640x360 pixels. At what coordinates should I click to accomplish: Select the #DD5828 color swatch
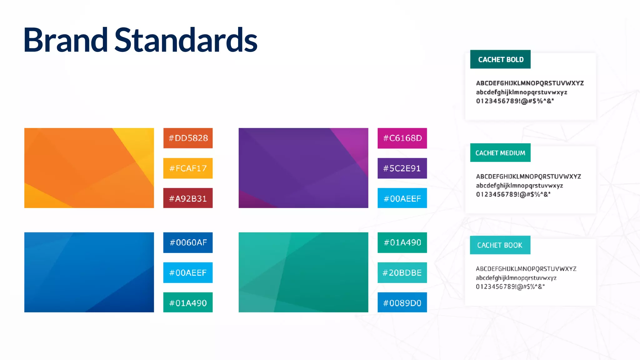[x=188, y=138]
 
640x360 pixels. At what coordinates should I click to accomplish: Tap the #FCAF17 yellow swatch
[x=188, y=168]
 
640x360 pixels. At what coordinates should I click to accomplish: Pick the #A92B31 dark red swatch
[x=188, y=198]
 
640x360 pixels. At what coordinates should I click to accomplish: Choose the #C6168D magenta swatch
[x=402, y=138]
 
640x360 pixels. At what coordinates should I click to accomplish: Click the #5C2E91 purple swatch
[x=402, y=168]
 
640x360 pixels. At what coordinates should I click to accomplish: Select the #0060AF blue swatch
[x=188, y=242]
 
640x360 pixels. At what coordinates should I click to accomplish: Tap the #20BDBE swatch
[x=402, y=273]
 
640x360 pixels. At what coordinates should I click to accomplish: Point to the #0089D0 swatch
[x=402, y=303]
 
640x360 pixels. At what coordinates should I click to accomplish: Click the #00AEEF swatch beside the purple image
[x=402, y=198]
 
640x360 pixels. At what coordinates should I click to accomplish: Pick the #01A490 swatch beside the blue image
[x=188, y=303]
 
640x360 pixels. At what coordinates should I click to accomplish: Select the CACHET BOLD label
[x=500, y=59]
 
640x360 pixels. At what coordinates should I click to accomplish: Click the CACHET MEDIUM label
[x=500, y=153]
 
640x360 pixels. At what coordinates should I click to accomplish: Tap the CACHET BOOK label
[x=500, y=245]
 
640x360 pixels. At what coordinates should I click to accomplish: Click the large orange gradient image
[x=89, y=168]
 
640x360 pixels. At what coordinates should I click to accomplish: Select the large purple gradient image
[x=303, y=168]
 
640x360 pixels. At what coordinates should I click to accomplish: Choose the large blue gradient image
[x=89, y=272]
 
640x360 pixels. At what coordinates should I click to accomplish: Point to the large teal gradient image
[x=303, y=272]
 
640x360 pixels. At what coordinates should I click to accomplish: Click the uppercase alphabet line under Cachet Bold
[x=530, y=83]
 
